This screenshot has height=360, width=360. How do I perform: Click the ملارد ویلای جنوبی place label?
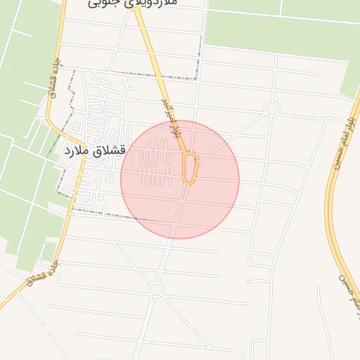134,4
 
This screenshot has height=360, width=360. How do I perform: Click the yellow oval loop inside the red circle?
190,169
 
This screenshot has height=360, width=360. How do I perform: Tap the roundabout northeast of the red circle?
272,108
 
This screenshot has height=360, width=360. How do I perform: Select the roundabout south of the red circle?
156,290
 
